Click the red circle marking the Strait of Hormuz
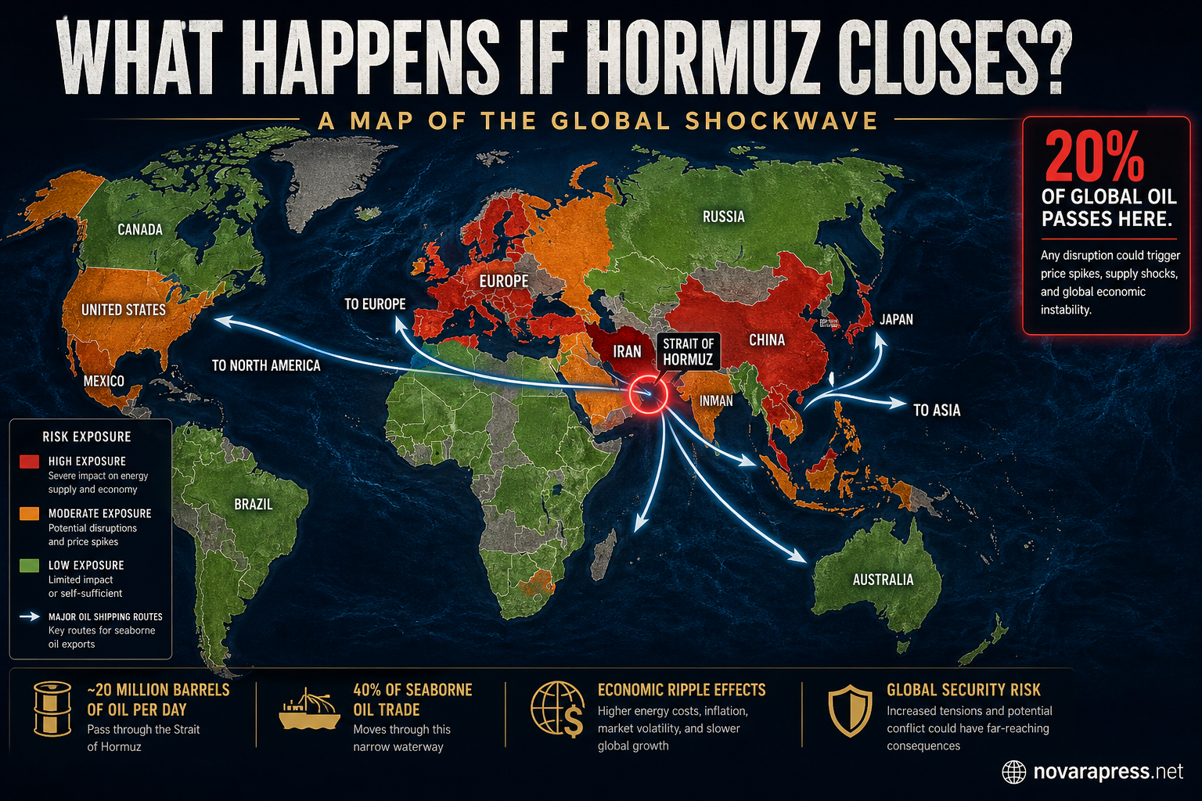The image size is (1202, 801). pos(646,393)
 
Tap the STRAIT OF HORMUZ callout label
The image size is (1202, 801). pos(688,352)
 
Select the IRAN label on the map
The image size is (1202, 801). pos(627,352)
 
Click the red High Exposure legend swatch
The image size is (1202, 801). pos(29,462)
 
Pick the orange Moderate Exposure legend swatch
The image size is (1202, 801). pos(29,513)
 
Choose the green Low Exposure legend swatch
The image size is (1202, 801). pos(29,565)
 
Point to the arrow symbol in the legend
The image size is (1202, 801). pos(30,616)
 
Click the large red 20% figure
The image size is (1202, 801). pos(1094,157)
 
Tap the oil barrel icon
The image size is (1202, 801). pos(52,709)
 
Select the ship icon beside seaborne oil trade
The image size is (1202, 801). pos(309,709)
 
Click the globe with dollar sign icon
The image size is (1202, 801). pos(557,709)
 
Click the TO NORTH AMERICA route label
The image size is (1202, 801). pos(266,365)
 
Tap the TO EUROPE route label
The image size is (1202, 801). pos(375,304)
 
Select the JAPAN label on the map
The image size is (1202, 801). pos(896,319)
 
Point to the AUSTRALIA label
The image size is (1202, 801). pos(883,580)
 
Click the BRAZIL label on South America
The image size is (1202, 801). pos(254,505)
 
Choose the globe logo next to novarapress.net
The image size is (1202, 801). pos(1014,772)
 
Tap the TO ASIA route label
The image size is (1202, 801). pos(937,410)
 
